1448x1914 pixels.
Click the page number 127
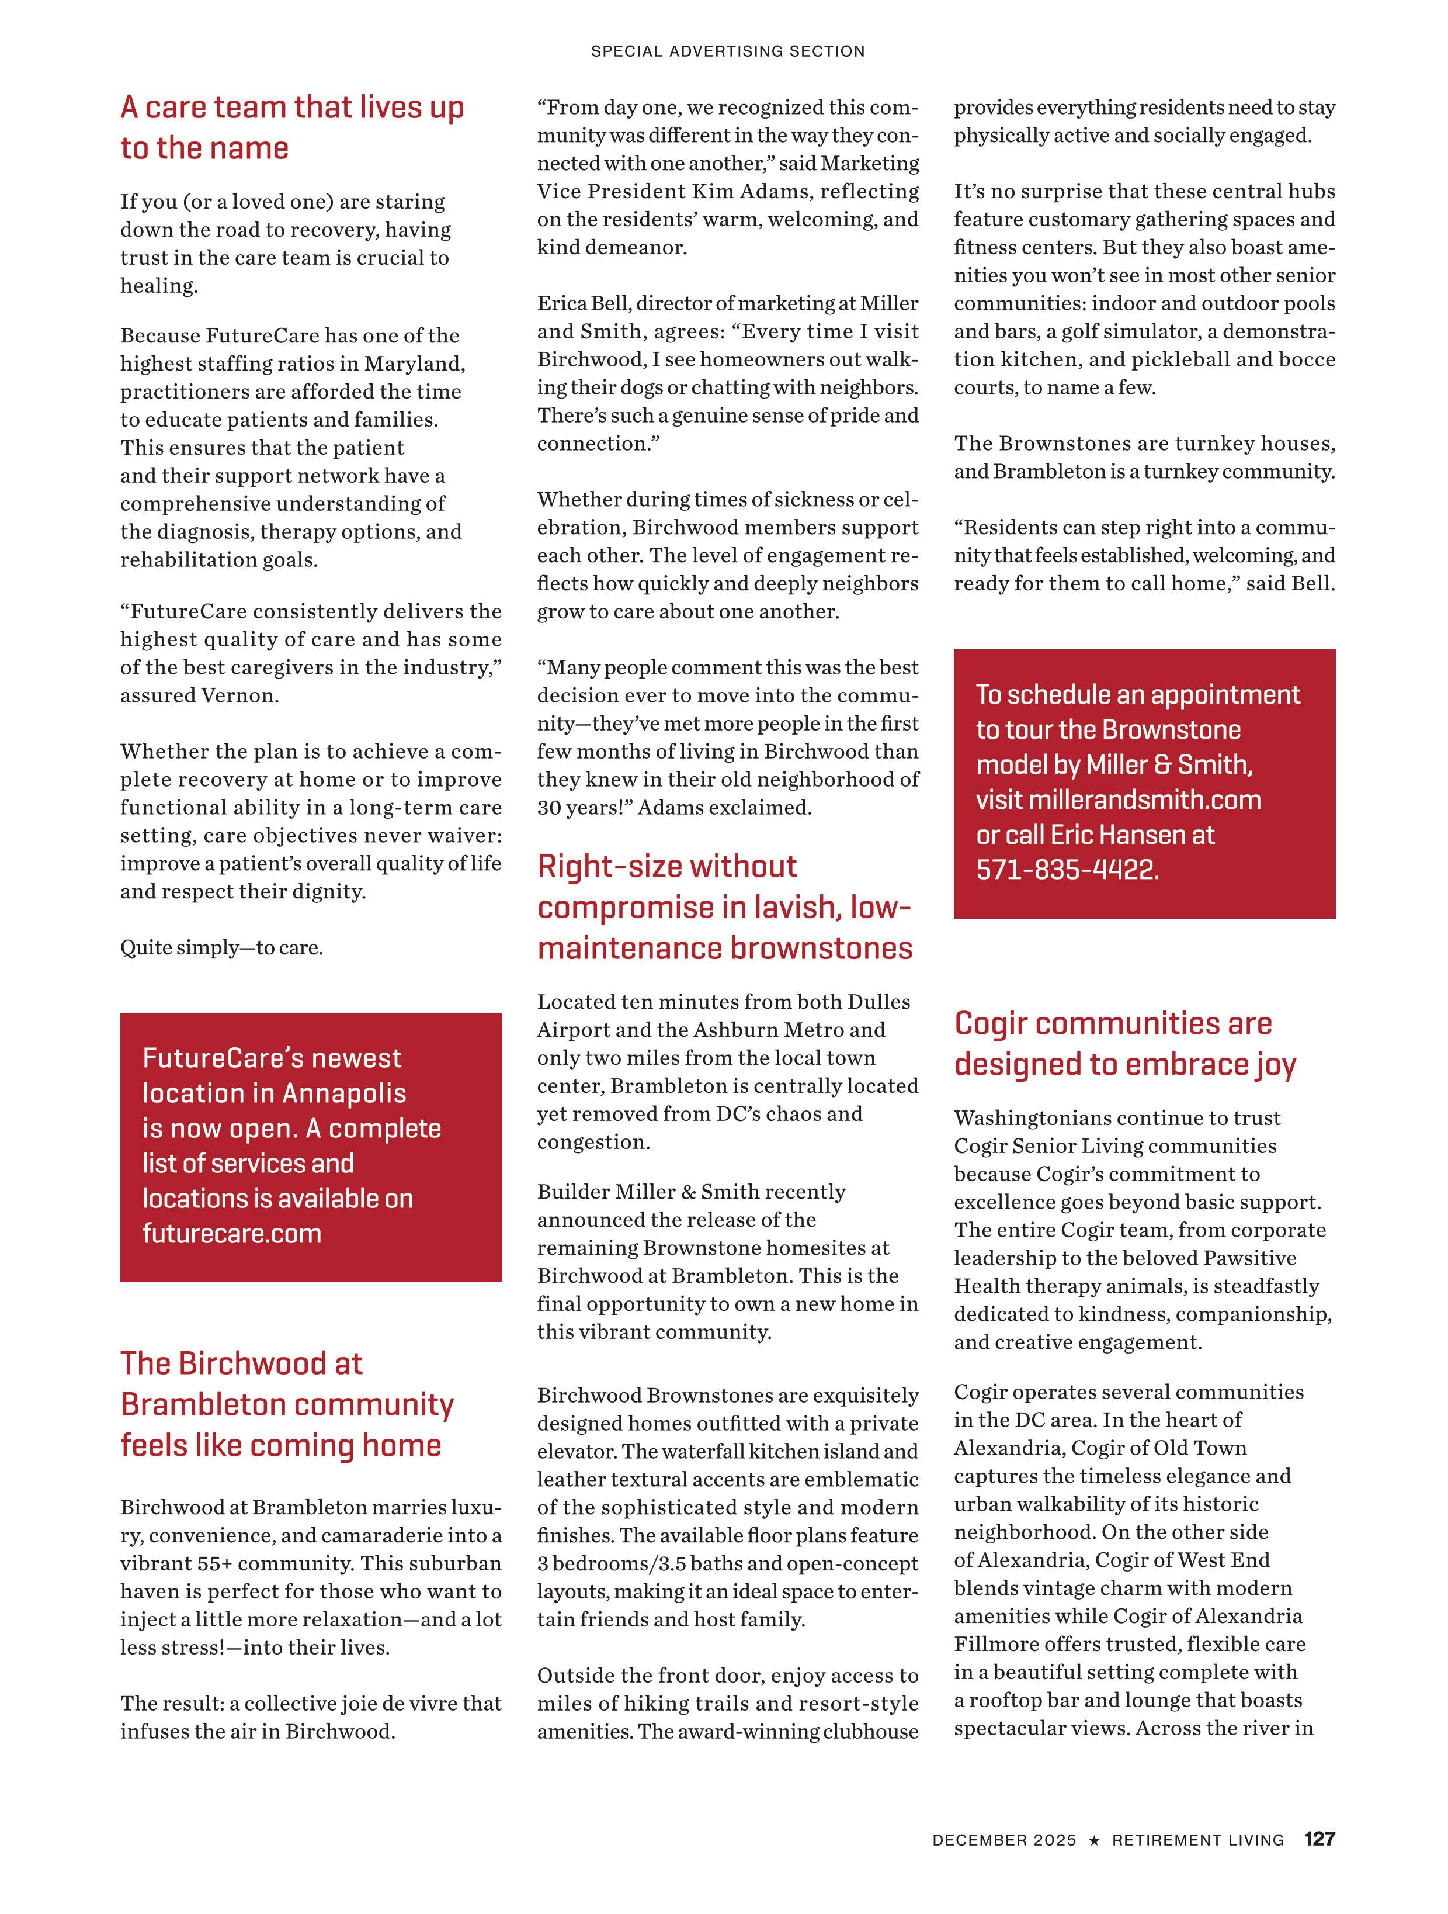pos(1319,1863)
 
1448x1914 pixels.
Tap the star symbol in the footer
pos(1094,1865)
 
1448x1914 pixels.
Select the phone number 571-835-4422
pos(1067,870)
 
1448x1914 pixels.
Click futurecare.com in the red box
pos(232,1233)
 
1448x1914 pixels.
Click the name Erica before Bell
pos(562,304)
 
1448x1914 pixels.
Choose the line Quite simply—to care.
pos(221,949)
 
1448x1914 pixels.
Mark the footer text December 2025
pos(1003,1865)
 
